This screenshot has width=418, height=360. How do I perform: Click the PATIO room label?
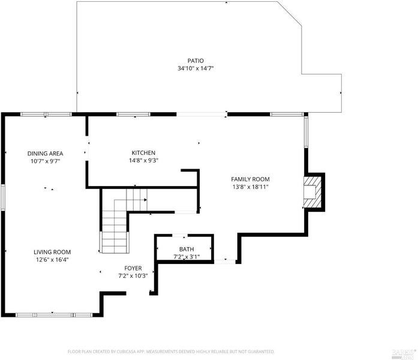pyautogui.click(x=196, y=61)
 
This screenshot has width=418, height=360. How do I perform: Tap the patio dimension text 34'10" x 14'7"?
pyautogui.click(x=196, y=68)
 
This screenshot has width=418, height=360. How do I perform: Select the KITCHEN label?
pyautogui.click(x=143, y=153)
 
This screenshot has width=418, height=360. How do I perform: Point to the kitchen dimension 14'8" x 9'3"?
pyautogui.click(x=143, y=161)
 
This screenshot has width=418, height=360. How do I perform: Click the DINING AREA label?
pyautogui.click(x=46, y=154)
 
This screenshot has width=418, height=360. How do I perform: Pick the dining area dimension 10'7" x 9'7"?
pyautogui.click(x=46, y=161)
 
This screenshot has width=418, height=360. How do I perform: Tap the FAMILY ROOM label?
pyautogui.click(x=250, y=179)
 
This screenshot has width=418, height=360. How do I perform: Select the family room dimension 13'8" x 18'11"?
pyautogui.click(x=250, y=187)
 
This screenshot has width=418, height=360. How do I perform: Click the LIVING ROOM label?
pyautogui.click(x=52, y=252)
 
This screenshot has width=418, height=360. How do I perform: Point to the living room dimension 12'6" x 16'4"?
pyautogui.click(x=52, y=260)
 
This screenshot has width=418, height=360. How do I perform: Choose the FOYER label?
pyautogui.click(x=133, y=268)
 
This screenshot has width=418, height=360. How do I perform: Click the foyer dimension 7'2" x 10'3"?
pyautogui.click(x=133, y=276)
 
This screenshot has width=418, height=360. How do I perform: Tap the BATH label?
pyautogui.click(x=187, y=250)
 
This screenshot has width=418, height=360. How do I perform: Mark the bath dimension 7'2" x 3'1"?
pyautogui.click(x=187, y=257)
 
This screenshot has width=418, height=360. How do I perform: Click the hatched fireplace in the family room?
pyautogui.click(x=312, y=192)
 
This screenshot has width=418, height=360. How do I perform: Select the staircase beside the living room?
pyautogui.click(x=120, y=221)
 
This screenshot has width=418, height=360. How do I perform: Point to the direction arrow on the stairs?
pyautogui.click(x=146, y=200)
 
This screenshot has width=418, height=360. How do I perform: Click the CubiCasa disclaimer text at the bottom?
pyautogui.click(x=171, y=352)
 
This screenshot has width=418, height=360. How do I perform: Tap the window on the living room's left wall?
pyautogui.click(x=3, y=197)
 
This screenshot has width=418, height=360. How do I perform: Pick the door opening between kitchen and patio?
pyautogui.click(x=202, y=115)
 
